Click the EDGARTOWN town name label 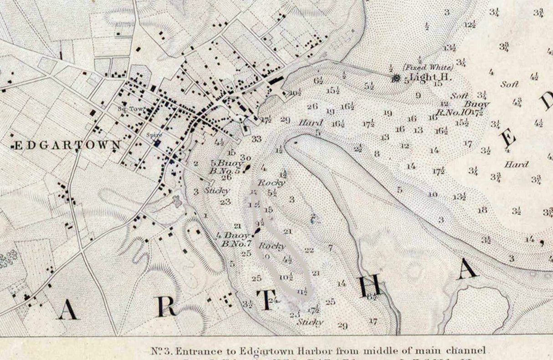pyautogui.click(x=67, y=146)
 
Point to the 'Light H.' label pyautogui.click(x=430, y=77)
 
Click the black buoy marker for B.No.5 pyautogui.click(x=247, y=168)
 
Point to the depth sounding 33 pyautogui.click(x=257, y=139)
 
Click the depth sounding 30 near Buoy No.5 pyautogui.click(x=246, y=158)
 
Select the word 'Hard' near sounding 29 pyautogui.click(x=311, y=123)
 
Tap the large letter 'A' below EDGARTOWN pyautogui.click(x=67, y=311)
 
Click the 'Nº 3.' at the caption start pyautogui.click(x=161, y=351)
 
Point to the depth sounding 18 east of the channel pyautogui.click(x=482, y=210)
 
